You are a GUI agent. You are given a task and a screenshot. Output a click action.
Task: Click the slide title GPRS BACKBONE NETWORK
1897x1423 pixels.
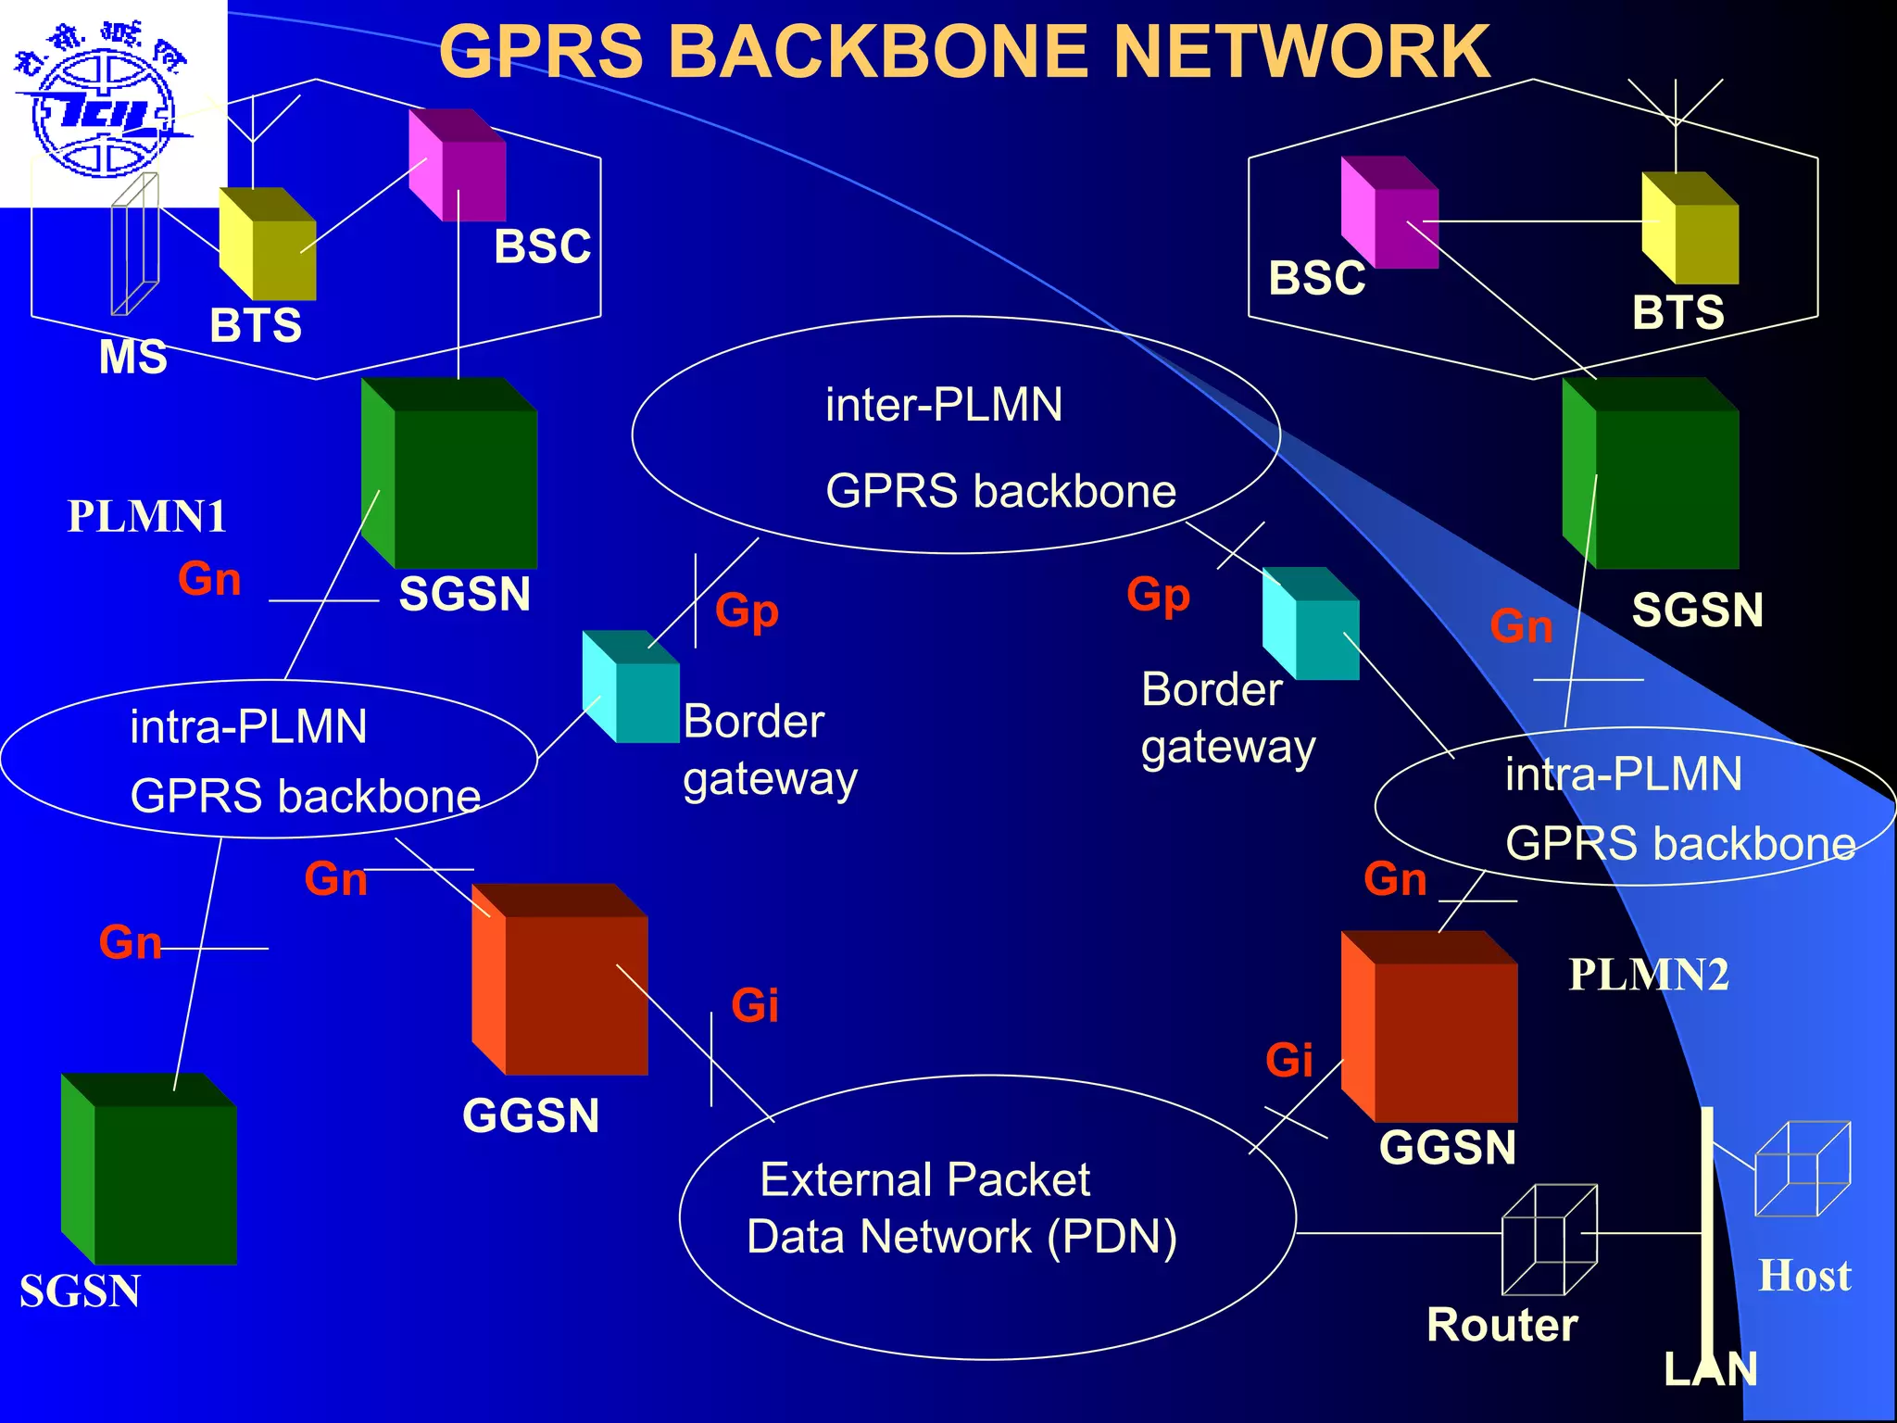pos(963,52)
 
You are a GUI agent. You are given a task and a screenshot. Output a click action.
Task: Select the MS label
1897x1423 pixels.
pos(132,357)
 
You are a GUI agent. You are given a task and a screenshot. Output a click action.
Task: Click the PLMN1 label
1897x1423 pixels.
pos(146,517)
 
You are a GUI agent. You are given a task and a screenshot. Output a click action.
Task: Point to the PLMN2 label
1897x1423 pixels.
pos(1648,975)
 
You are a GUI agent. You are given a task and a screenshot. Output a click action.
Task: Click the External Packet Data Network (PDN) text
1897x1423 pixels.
pos(961,1208)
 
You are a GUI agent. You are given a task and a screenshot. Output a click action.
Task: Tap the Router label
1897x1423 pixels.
pos(1501,1325)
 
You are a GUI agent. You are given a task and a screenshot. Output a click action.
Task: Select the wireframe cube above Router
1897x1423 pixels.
pos(1549,1240)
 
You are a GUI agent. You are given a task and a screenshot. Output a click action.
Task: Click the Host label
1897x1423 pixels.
pos(1804,1276)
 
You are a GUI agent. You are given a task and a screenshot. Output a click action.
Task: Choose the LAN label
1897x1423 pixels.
pos(1710,1369)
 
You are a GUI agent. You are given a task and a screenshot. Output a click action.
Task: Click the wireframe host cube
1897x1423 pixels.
pos(1803,1169)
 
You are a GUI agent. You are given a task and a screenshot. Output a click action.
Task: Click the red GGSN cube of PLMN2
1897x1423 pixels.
pos(1430,1026)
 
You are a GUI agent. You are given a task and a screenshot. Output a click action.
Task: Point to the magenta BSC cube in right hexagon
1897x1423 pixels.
pos(1389,213)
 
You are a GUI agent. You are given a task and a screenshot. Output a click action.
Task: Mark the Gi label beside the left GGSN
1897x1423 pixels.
pos(754,1006)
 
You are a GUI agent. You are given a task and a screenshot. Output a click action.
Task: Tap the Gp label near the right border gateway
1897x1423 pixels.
pos(1158,595)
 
